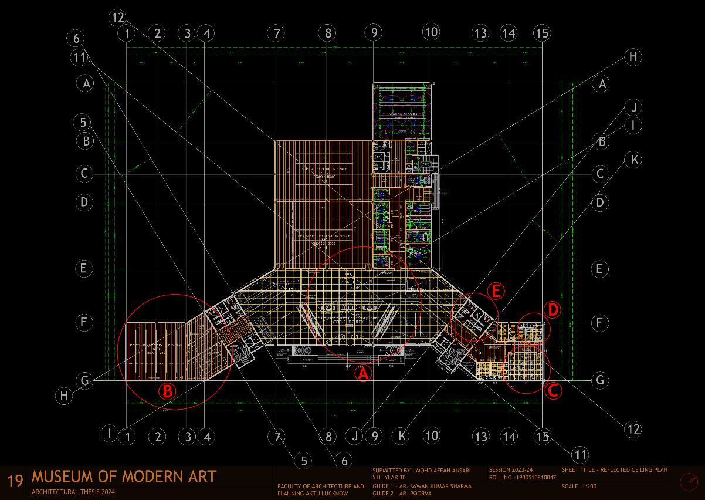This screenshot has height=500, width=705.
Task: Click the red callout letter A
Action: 363,373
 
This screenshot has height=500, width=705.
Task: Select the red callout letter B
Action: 168,391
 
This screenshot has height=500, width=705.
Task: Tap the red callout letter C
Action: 553,390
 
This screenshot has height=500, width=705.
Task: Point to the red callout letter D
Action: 552,309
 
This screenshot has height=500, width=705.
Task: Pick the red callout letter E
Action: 496,291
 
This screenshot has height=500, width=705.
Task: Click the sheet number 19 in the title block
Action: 15,481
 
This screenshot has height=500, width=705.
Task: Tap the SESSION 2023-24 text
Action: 511,470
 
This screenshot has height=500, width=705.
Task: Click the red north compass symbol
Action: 689,482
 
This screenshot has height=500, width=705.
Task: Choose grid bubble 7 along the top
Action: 276,33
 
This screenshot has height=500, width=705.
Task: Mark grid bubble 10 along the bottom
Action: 431,435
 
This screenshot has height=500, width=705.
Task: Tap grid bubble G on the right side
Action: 599,380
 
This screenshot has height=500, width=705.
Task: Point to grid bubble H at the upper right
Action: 633,57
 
